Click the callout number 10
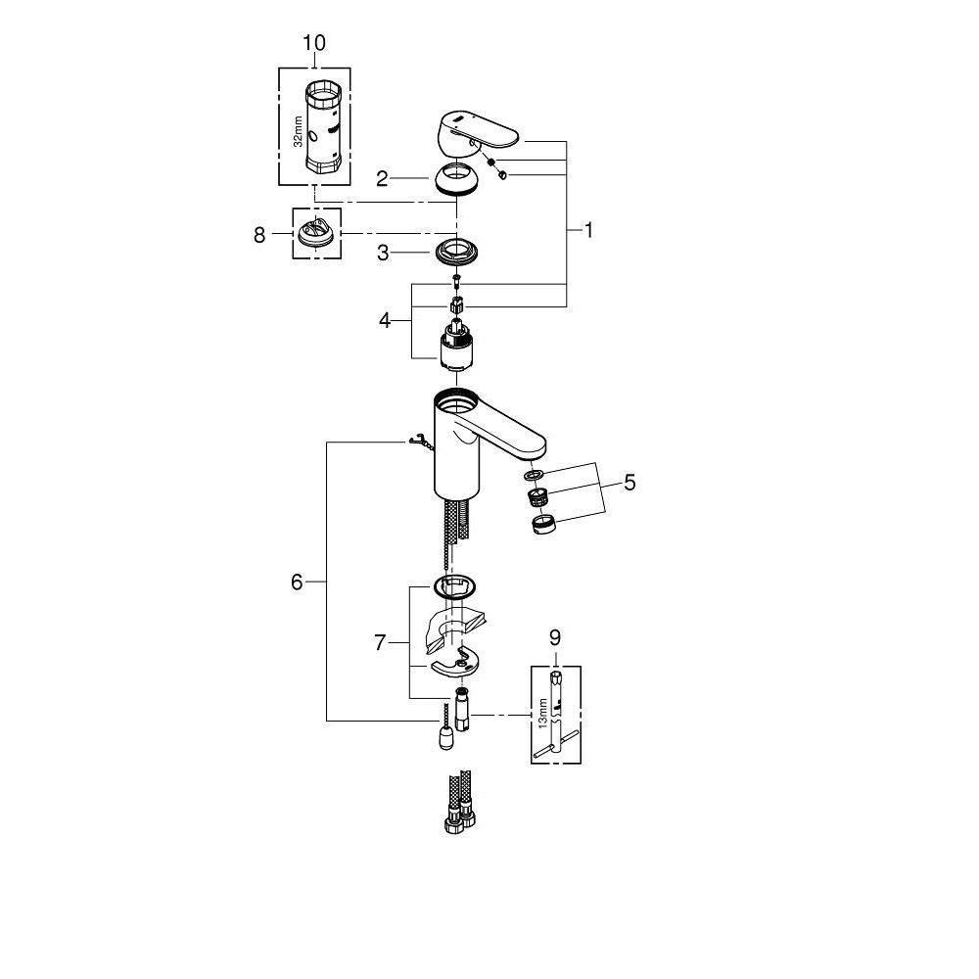coord(314,43)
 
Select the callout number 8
coord(259,235)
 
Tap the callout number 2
coord(383,178)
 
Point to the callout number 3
coord(384,253)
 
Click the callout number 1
coord(588,230)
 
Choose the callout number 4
coord(385,319)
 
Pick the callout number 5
coord(629,482)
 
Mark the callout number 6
coord(297,582)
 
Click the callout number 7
coord(382,642)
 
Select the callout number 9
coord(554,636)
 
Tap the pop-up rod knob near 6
coord(444,735)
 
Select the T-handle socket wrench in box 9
coord(554,720)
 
